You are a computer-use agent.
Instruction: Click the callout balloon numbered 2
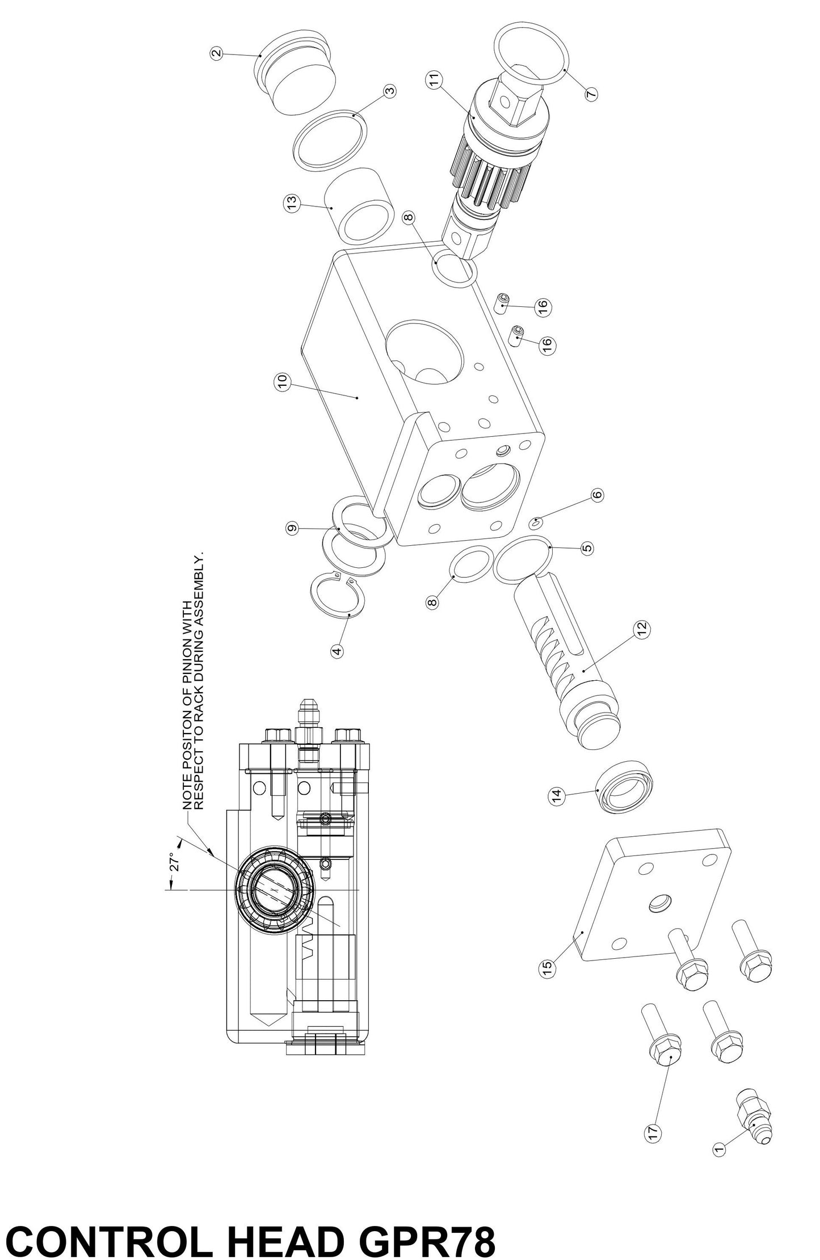point(216,54)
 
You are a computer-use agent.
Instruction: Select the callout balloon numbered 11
point(435,80)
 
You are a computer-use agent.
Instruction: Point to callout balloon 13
point(291,204)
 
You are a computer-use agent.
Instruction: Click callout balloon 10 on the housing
point(283,383)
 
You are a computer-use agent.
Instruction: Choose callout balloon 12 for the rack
point(642,628)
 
